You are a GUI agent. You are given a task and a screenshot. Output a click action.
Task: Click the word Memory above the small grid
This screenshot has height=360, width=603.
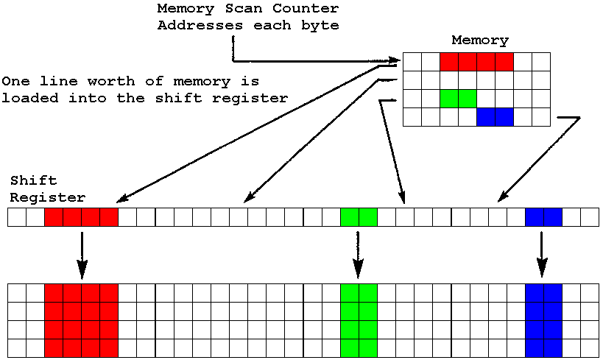[479, 40]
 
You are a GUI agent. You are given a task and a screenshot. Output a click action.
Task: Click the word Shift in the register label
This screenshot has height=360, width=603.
[33, 180]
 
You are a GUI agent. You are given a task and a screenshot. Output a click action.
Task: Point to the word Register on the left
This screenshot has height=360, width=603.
[47, 197]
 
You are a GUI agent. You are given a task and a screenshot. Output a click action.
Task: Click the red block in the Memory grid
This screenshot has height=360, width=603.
[476, 61]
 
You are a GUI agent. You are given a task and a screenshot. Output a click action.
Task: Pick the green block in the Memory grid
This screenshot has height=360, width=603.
[458, 98]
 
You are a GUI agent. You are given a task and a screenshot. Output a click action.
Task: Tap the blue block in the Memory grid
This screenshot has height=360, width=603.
[495, 116]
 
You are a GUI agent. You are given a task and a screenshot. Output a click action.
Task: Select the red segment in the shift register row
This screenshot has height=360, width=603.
[81, 216]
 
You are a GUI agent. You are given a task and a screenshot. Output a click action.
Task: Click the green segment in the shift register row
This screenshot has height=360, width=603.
[359, 216]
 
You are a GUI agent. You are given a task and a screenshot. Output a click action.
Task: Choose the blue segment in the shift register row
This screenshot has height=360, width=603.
[543, 216]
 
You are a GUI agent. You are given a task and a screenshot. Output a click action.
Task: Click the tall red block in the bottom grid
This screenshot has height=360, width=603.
[81, 319]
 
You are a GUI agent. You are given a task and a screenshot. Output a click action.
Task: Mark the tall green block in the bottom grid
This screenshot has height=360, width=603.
[359, 319]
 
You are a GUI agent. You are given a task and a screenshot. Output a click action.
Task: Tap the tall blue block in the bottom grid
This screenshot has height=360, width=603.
[543, 319]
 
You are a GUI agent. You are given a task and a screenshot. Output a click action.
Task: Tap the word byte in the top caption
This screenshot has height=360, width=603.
[322, 26]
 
